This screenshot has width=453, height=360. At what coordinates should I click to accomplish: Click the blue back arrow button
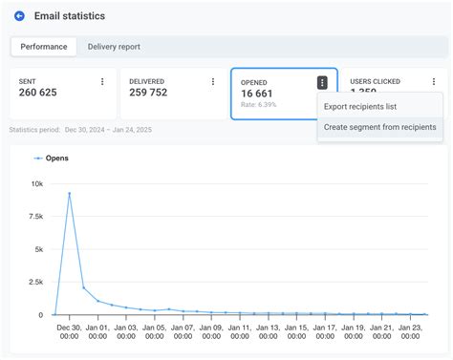[19, 16]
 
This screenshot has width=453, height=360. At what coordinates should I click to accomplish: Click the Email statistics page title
[70, 16]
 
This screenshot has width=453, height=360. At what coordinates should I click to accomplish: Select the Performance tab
[45, 46]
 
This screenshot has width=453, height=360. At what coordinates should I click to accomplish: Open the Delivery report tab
[114, 46]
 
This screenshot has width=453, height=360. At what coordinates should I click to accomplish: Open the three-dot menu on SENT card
[102, 82]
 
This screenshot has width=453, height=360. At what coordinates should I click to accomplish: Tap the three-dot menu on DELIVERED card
[212, 82]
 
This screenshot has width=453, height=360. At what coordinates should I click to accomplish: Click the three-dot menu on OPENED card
[323, 82]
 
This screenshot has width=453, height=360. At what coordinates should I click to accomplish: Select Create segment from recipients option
[379, 127]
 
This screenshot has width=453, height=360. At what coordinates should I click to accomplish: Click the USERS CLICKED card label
[375, 82]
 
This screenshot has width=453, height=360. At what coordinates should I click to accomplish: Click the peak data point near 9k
[69, 194]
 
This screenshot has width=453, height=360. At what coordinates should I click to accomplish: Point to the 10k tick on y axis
[36, 183]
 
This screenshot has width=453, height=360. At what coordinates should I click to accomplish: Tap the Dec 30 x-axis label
[69, 331]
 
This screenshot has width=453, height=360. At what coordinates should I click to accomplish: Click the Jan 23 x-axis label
[409, 331]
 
